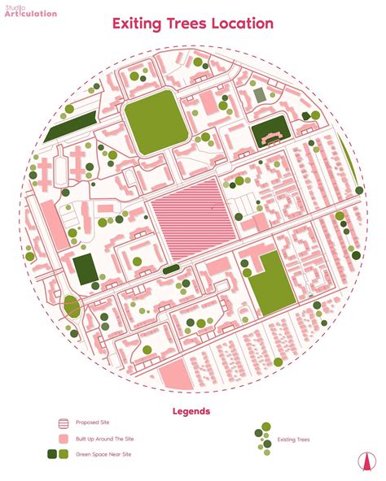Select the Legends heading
tap(192, 411)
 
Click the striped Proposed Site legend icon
tap(63, 422)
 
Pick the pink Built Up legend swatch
tap(63, 439)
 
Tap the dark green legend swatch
tap(51, 454)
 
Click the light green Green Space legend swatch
tap(64, 454)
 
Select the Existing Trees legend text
tap(294, 440)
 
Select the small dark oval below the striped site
tap(171, 269)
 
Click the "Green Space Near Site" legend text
tap(103, 454)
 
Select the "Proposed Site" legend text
tap(93, 422)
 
